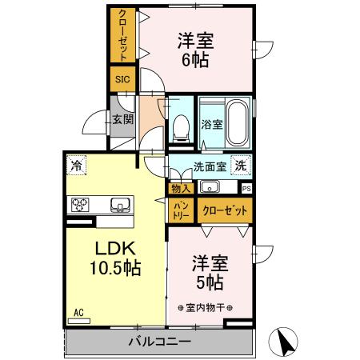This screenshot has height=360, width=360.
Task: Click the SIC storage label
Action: pos(122,79)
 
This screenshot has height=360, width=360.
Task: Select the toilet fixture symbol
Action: pos(182,126)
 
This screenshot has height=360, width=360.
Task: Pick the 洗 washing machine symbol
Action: pos(240,166)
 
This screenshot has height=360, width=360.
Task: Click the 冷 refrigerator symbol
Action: pos(76,166)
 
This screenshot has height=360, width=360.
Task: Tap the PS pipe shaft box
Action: pos(246,189)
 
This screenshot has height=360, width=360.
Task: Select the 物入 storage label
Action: pos(180,189)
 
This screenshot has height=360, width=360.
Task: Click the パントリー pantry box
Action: pos(180,211)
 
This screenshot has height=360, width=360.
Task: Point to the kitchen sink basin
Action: pos(119,203)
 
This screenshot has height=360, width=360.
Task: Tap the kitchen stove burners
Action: pos(81,203)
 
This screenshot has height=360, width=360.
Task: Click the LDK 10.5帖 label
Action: pos(114,258)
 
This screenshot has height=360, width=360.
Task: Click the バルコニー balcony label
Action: pos(158,342)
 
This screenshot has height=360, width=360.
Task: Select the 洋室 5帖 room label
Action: pos(206,272)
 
